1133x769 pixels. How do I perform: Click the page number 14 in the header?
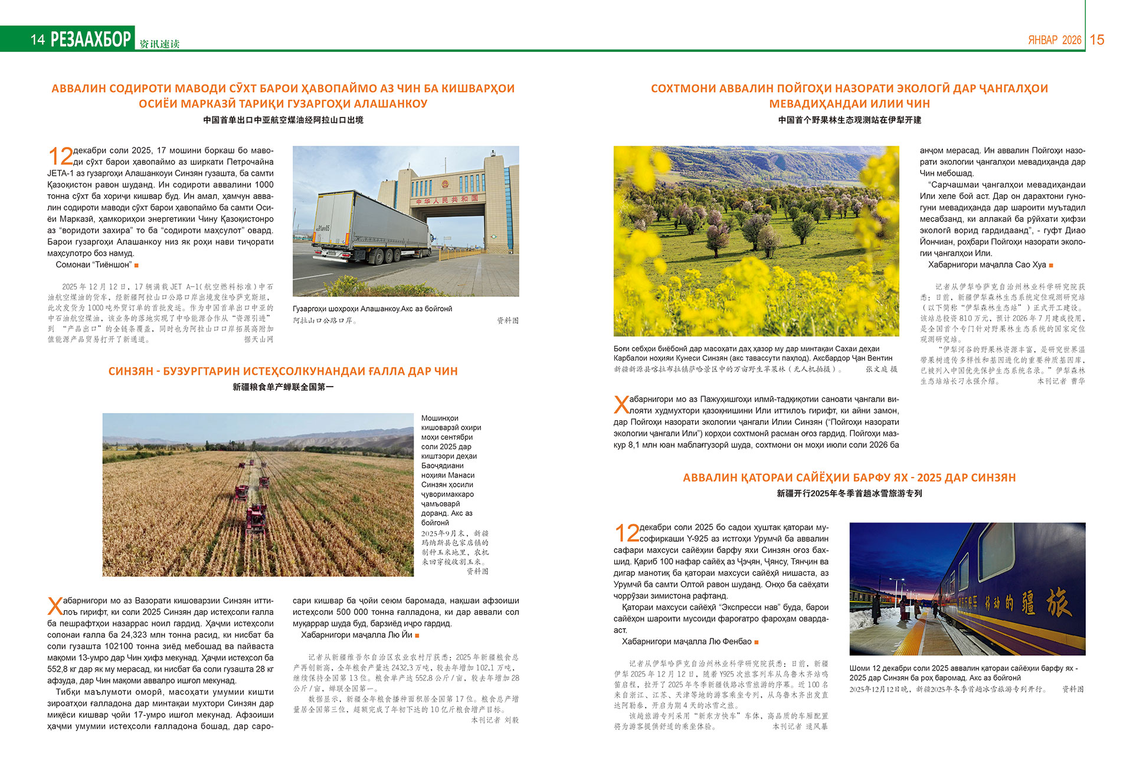pos(38,40)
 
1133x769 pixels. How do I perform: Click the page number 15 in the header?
pos(1097,40)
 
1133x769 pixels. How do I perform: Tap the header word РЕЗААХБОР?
pos(91,39)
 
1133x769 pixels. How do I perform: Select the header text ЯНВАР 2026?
pos(1055,40)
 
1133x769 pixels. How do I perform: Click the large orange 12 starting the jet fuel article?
pos(60,157)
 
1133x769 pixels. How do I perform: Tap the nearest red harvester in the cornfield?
pos(256,519)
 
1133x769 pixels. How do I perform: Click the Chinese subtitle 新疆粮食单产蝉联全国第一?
pos(283,387)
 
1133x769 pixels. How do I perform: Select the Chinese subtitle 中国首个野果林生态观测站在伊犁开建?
pos(849,120)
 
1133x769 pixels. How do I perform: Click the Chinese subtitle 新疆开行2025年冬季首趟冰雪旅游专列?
pos(849,493)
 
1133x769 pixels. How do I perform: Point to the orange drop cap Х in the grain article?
pos(54,606)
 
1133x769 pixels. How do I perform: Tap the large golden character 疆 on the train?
pos(1028,603)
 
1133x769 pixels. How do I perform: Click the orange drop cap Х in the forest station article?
pos(621,405)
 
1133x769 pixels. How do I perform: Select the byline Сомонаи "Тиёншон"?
pos(93,265)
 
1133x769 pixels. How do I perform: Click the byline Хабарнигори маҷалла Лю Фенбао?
pos(686,642)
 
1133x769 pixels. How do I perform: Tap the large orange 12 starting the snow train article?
pos(627,534)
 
